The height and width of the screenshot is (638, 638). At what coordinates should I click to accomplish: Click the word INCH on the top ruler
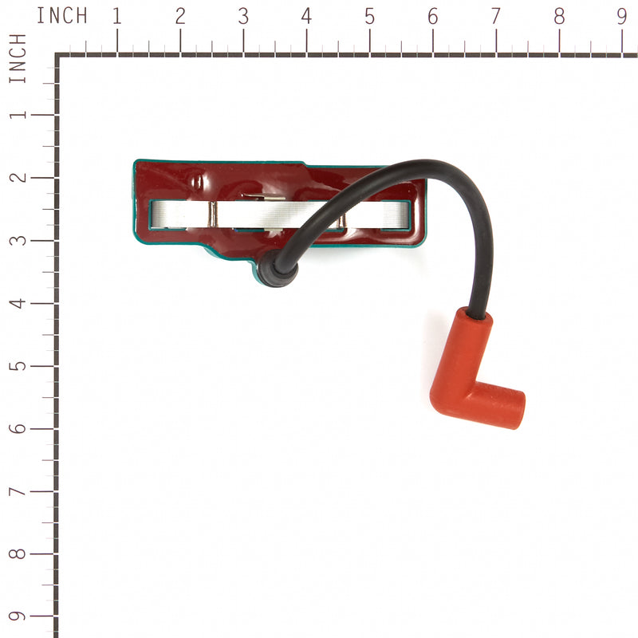click(62, 16)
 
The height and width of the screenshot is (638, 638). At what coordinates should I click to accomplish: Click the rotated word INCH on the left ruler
click(18, 59)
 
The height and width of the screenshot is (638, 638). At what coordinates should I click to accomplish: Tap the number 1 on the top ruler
click(117, 16)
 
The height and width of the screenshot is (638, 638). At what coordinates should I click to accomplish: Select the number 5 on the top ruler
click(369, 16)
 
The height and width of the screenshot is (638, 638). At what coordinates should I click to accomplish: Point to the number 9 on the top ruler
click(622, 16)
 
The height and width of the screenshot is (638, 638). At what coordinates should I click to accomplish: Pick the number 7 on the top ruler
click(495, 16)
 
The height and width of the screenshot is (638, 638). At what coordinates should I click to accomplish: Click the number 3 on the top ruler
click(243, 16)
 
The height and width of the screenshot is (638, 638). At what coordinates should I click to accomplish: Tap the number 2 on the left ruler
click(18, 177)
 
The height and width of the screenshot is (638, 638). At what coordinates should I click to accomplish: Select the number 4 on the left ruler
click(18, 303)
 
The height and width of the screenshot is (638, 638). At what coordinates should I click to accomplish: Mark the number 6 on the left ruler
click(18, 429)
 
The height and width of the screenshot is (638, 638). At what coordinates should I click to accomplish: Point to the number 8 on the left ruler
click(18, 554)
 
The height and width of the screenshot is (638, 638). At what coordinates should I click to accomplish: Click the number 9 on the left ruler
click(18, 616)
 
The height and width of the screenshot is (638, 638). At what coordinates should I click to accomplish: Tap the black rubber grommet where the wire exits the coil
click(277, 270)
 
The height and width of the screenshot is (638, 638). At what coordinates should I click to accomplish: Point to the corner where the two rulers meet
click(57, 56)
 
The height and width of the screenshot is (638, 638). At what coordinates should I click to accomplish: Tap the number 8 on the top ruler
click(559, 16)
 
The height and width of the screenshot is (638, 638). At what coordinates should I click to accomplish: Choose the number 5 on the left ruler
click(18, 366)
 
